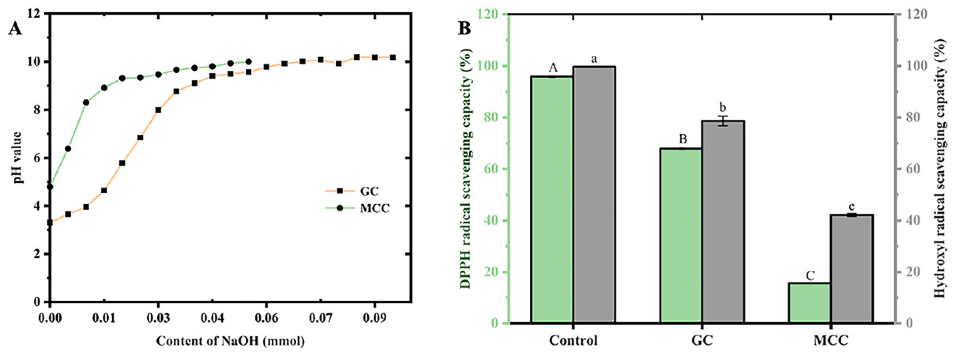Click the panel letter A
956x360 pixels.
pos(15,28)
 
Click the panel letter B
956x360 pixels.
pos(464,28)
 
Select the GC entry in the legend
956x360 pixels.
pos(369,191)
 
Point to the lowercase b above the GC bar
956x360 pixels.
pos(723,108)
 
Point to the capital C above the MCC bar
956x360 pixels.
pos(810,275)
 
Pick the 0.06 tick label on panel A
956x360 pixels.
pos(266,318)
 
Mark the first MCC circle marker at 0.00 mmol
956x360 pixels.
pos(50,187)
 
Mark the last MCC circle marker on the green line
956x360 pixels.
pos(248,62)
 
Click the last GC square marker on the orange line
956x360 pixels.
pos(393,57)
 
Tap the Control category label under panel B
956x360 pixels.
pos(573,340)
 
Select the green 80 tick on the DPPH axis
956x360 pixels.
pos(491,118)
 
